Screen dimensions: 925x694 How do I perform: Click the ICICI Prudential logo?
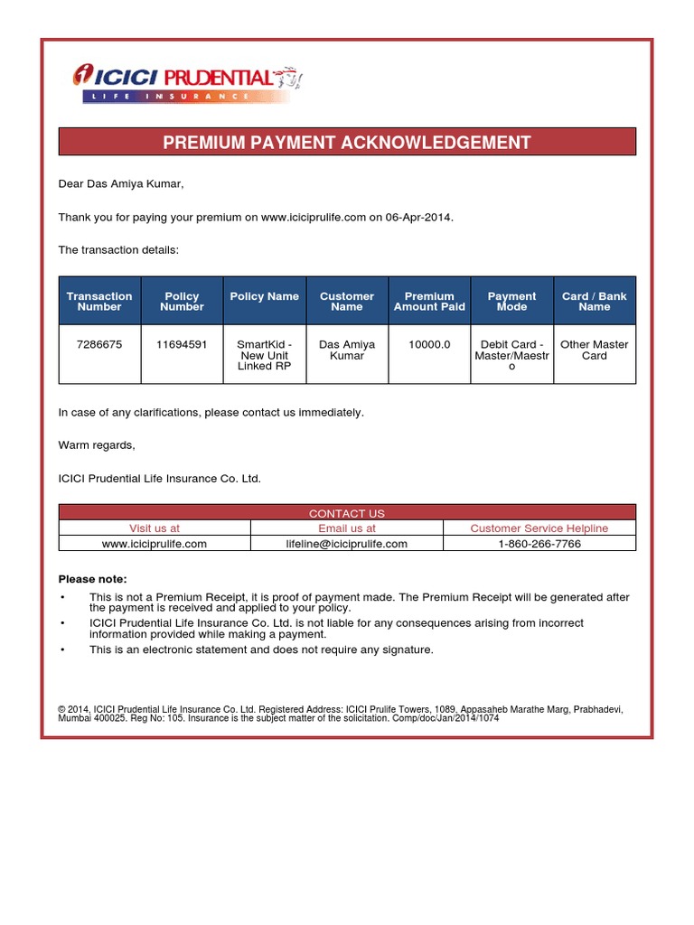pyautogui.click(x=188, y=82)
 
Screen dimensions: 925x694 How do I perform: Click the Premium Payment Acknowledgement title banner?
pyautogui.click(x=347, y=142)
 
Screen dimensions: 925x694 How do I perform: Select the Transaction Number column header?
pyautogui.click(x=99, y=301)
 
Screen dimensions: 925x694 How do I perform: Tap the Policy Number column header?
pyautogui.click(x=182, y=301)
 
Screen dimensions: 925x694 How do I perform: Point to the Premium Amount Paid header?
pyautogui.click(x=429, y=301)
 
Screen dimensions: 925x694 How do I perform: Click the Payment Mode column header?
pyautogui.click(x=511, y=301)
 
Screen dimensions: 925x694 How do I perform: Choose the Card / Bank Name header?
pyautogui.click(x=594, y=301)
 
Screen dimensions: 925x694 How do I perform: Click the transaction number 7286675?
pyautogui.click(x=99, y=344)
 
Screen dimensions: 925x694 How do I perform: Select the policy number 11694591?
pyautogui.click(x=182, y=344)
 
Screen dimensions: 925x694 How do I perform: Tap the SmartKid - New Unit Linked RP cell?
pyautogui.click(x=264, y=355)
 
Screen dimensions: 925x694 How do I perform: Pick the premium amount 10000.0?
pyautogui.click(x=429, y=344)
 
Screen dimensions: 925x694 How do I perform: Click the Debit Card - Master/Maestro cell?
pyautogui.click(x=511, y=355)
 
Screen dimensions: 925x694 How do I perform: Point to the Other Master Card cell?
pyautogui.click(x=594, y=350)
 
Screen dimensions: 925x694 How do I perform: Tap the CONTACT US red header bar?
pyautogui.click(x=347, y=513)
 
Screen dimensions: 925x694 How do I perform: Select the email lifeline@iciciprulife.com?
pyautogui.click(x=347, y=544)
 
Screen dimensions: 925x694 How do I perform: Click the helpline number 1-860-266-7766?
pyautogui.click(x=539, y=544)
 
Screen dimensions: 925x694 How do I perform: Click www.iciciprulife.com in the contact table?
pyautogui.click(x=155, y=544)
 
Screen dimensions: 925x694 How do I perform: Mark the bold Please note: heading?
pyautogui.click(x=93, y=578)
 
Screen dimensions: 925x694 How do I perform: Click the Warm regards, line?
pyautogui.click(x=97, y=444)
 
